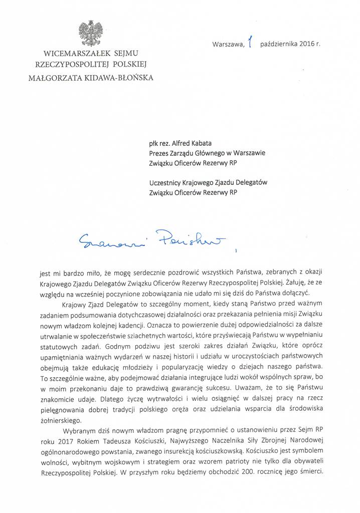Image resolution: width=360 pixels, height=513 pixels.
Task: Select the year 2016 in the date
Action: [x=304, y=44]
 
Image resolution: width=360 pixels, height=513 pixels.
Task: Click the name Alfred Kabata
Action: [x=191, y=143]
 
